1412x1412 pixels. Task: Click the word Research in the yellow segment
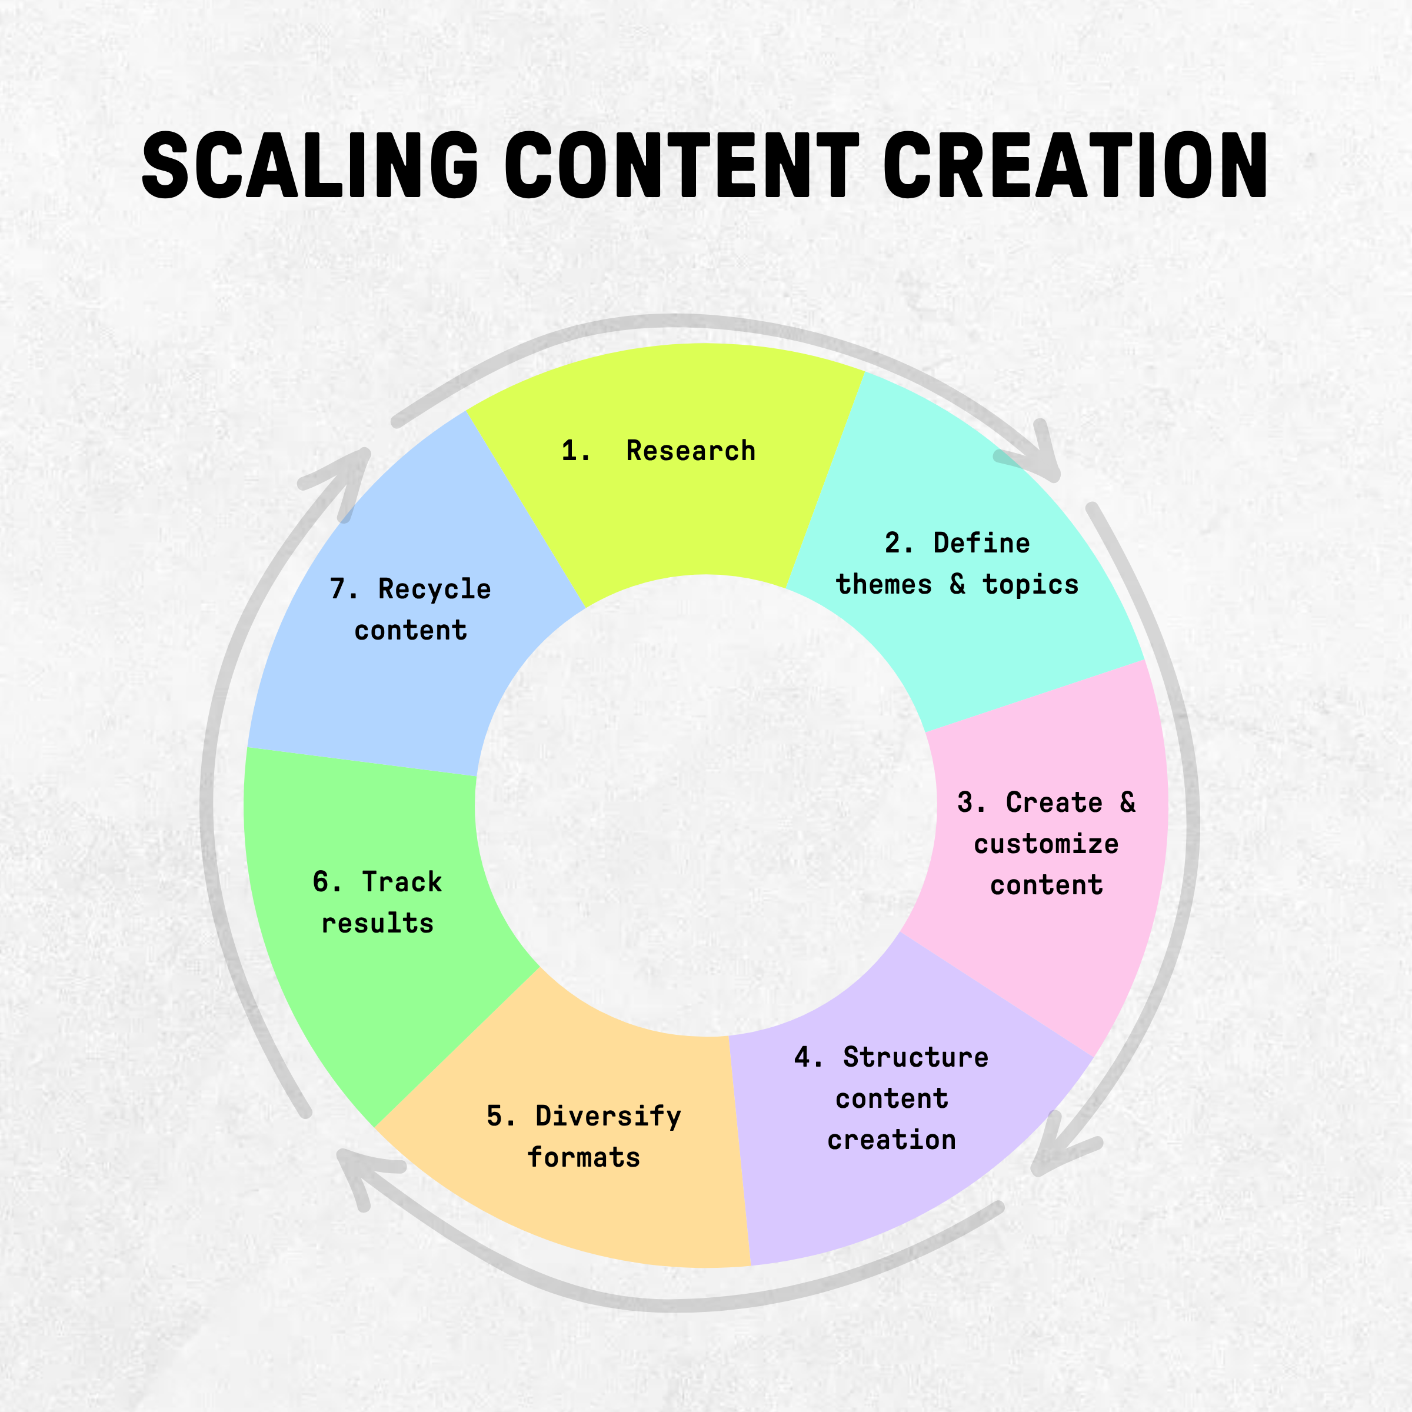pos(691,451)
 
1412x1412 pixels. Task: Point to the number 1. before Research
pos(575,451)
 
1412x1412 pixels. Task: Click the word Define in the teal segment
pos(981,543)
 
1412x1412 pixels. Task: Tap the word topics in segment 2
pos(1031,585)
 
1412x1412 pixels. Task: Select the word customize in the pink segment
pos(1046,844)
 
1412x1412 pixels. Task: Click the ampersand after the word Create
pos(1128,802)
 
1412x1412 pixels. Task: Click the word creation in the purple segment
pos(892,1140)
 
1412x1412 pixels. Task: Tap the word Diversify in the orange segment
pos(608,1116)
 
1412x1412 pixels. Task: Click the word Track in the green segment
pos(402,882)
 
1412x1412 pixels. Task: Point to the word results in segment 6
pos(378,924)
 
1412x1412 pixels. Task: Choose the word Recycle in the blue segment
pos(434,589)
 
